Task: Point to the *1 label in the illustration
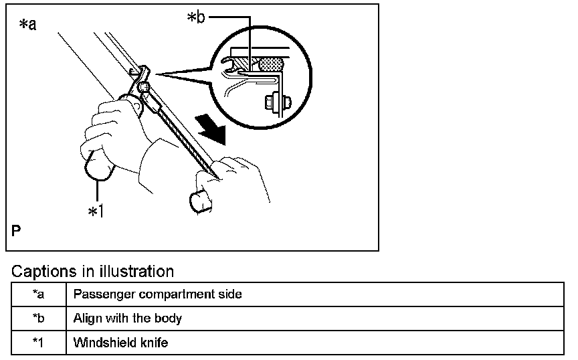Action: [x=96, y=211]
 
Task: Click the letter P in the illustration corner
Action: [x=16, y=232]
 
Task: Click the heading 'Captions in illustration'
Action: [x=93, y=272]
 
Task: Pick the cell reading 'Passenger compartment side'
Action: [x=158, y=294]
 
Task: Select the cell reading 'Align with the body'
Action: [x=128, y=319]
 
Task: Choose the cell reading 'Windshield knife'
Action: [x=120, y=343]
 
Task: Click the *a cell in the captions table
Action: [x=39, y=294]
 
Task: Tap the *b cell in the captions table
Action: [x=39, y=319]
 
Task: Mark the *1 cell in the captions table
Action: [x=39, y=343]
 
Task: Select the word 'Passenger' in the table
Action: [x=99, y=294]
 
